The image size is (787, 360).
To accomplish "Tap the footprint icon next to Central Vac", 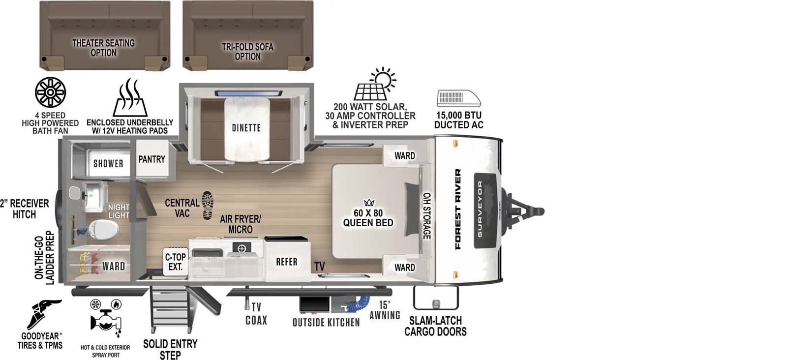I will coord(208,205).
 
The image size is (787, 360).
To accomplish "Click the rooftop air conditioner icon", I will coord(458,98).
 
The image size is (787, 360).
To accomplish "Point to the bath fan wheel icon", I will coord(50,92).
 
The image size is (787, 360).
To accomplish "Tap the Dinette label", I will coord(246,128).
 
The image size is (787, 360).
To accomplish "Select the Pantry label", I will coord(151,159).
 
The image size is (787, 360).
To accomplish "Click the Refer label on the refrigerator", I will coord(287,262).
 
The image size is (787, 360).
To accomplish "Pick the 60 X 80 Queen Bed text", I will coord(368,218).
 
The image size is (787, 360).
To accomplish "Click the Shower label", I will coord(108,164).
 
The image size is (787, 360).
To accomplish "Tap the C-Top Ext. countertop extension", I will coord(175,262).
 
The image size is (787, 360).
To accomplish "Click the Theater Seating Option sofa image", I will coord(104,35).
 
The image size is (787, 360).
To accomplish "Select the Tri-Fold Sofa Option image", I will coord(247,35).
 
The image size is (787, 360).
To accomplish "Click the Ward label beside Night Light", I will coord(113,266).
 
